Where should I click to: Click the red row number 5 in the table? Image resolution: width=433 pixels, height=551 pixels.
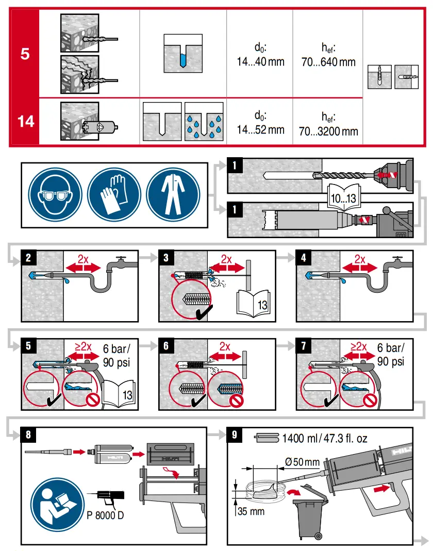[24, 54]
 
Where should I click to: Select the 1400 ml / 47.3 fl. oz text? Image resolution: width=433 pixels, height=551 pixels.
[324, 439]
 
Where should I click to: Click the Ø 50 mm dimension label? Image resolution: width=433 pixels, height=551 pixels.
[301, 461]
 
